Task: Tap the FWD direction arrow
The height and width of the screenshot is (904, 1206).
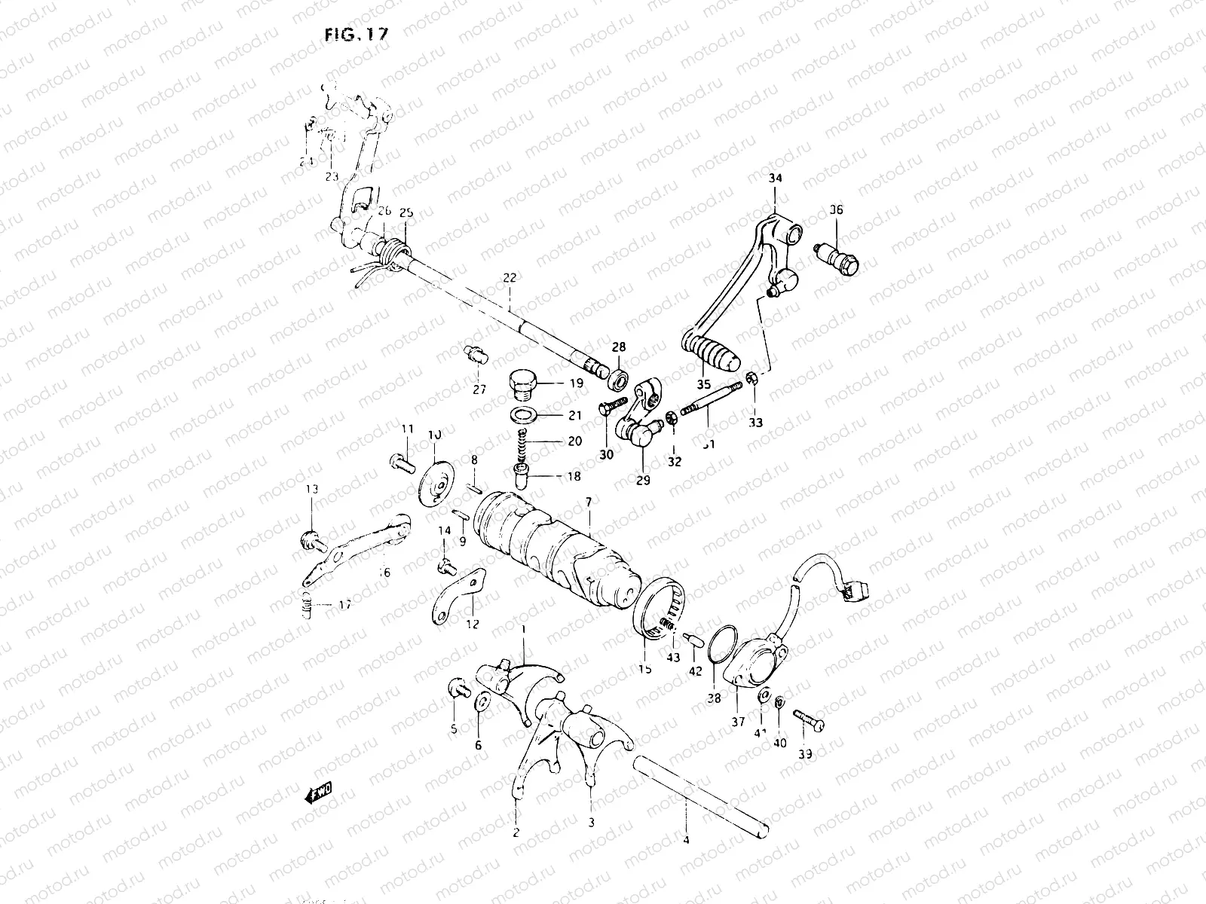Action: tap(320, 793)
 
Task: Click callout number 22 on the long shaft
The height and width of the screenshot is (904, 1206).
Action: tap(510, 278)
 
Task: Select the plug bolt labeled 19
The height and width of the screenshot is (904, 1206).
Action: tap(520, 383)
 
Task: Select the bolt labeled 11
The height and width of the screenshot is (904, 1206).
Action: tap(399, 460)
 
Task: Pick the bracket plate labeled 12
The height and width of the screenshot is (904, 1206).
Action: tap(457, 596)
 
